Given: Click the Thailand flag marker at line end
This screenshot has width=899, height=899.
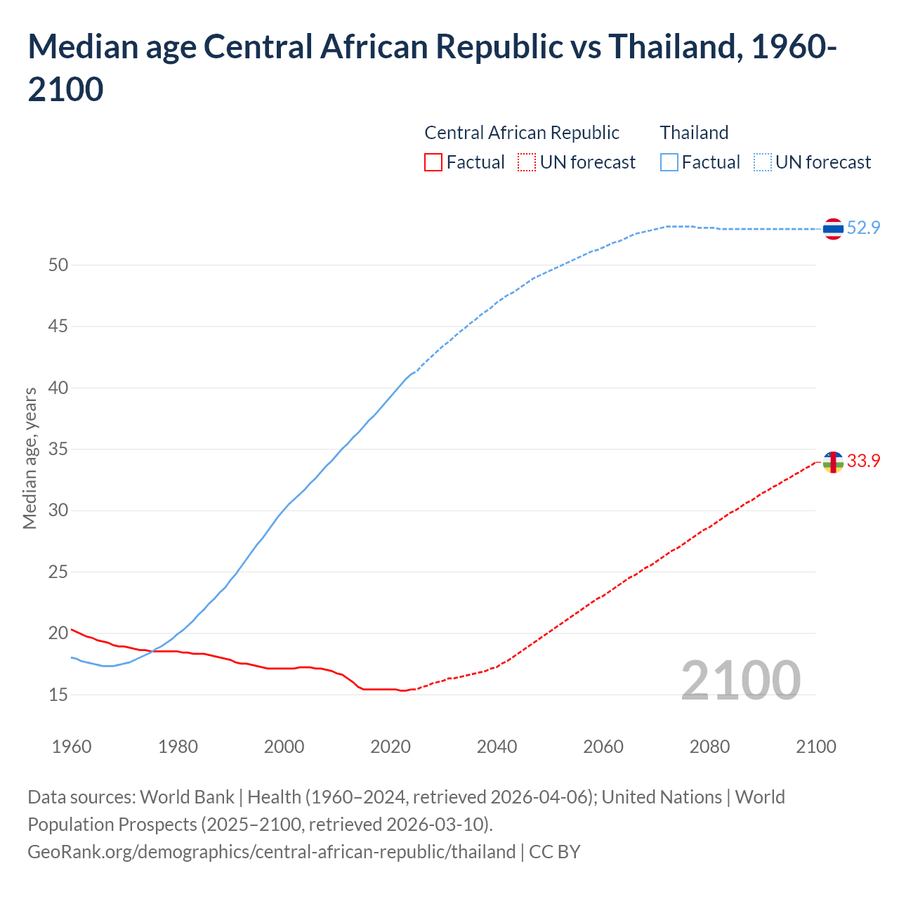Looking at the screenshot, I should pos(833,229).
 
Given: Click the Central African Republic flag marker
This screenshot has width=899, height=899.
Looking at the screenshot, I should pos(833,462).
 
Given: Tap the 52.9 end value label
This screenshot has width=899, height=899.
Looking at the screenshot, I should pos(863,228).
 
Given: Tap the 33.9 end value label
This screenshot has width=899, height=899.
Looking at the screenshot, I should pos(863,461).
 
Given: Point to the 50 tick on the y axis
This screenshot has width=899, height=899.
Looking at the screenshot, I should pos(58,265).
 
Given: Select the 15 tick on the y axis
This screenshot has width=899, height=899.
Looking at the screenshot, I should pos(58,695).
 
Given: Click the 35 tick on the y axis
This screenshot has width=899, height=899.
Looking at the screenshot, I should pos(58,449).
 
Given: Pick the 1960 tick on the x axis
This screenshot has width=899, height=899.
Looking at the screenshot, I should pos(72,747).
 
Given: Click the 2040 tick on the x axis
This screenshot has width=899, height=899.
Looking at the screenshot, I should pos(497,747).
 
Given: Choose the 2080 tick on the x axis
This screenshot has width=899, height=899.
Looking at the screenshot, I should pos(709,747).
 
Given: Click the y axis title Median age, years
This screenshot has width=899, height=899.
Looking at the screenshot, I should pos(29,458).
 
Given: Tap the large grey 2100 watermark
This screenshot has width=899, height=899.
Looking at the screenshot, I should pos(740,681).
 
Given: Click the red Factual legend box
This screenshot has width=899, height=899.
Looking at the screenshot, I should pos(433,162).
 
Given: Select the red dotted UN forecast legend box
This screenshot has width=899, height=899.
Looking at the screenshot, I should pos(527,162).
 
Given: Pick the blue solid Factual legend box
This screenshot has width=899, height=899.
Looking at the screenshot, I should pos(669,162).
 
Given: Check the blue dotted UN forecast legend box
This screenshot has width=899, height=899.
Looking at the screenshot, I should pos(763,162).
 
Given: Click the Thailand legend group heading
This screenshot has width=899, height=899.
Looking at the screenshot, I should pos(694,133).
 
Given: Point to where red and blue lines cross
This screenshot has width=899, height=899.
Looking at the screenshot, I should pos(152,651).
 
